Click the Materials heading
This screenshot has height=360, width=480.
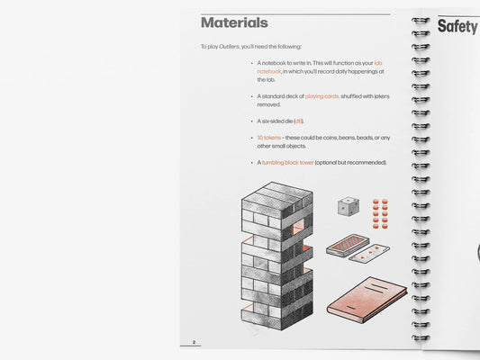(234, 22)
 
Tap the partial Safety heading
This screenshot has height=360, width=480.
(458, 26)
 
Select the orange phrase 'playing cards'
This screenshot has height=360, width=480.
(322, 96)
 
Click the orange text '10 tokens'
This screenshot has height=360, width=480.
(268, 138)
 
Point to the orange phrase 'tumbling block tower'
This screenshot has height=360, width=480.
(288, 162)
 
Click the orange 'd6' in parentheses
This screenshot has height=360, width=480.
(298, 121)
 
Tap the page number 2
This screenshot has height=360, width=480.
(194, 342)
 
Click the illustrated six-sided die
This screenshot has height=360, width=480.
(349, 206)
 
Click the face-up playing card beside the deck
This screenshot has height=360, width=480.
(369, 253)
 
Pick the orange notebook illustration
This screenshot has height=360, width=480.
(367, 300)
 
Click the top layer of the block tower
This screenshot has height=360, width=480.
(277, 200)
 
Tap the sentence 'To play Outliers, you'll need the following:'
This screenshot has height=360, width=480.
(251, 47)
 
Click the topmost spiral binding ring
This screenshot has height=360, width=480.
(421, 21)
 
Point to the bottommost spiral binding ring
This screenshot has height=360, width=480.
(421, 338)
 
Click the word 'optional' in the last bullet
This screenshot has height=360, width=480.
(326, 162)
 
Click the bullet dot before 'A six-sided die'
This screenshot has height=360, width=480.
(252, 121)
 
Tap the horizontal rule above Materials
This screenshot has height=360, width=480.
(295, 14)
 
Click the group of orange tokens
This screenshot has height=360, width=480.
(380, 214)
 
